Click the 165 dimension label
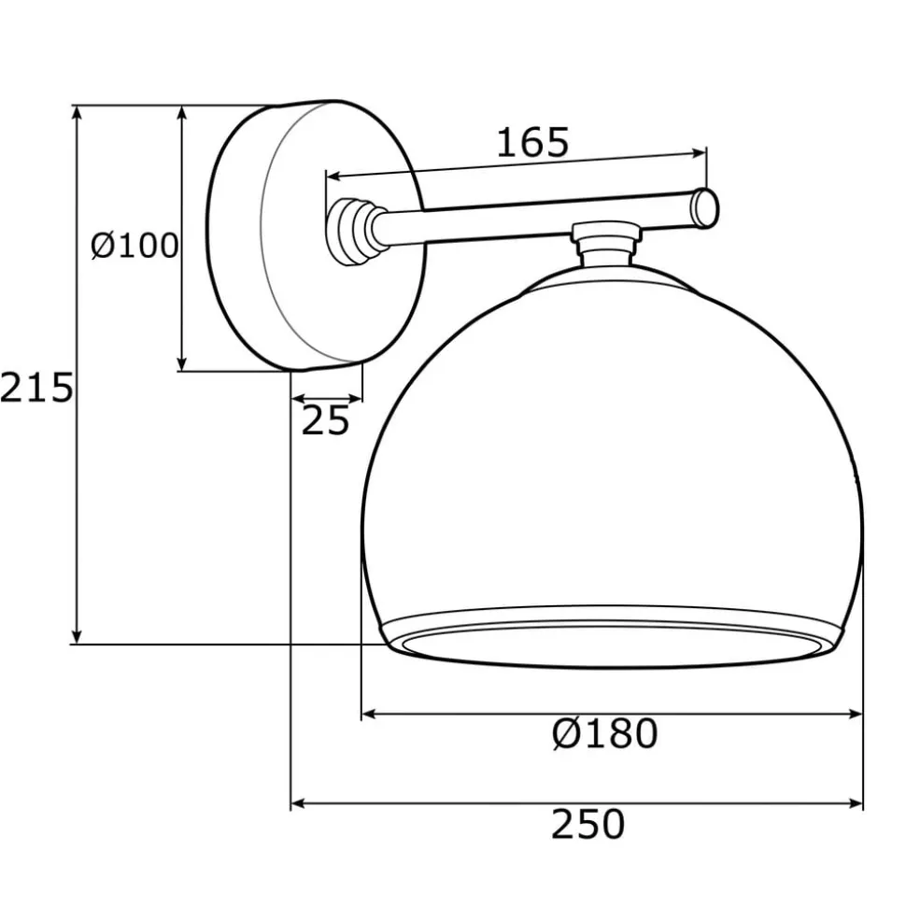(x=531, y=142)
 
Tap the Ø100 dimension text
(x=134, y=246)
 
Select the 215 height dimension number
(x=35, y=387)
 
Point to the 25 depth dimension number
(x=325, y=422)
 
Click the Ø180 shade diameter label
(x=604, y=734)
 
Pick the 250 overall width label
(x=587, y=825)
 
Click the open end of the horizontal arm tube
(x=707, y=207)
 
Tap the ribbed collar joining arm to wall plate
(x=354, y=230)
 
